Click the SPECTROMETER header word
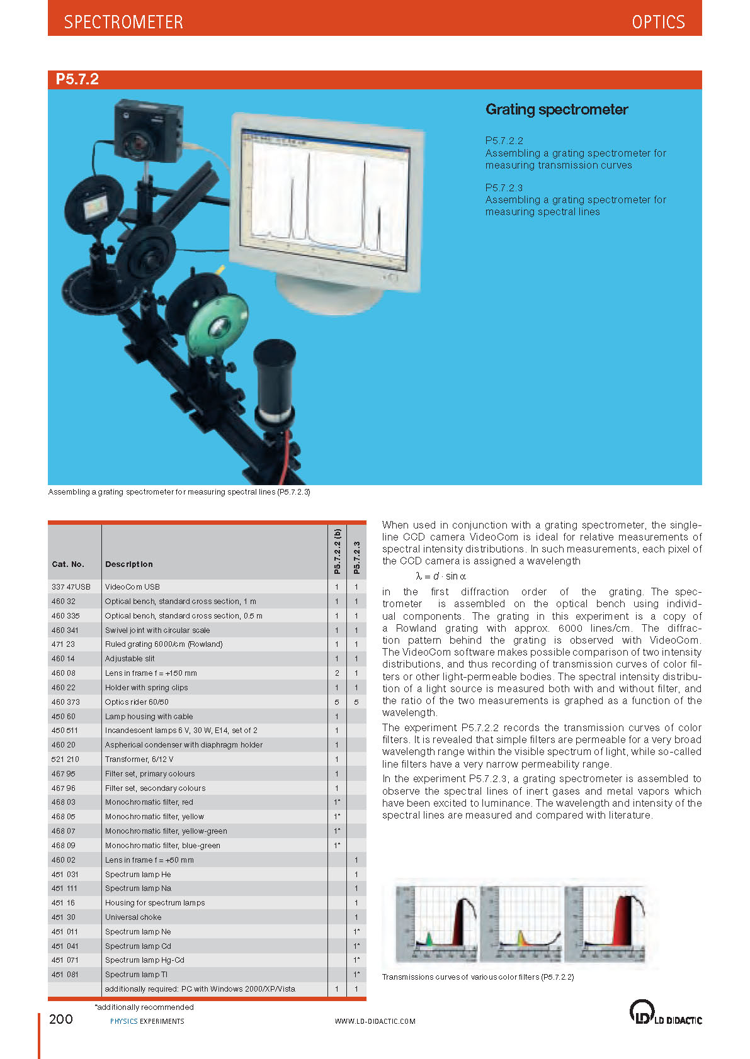(x=123, y=22)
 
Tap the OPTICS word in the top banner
(x=658, y=22)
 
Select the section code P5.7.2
(x=77, y=79)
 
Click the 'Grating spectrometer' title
(x=557, y=109)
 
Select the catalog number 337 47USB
(x=71, y=586)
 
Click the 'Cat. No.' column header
(x=68, y=564)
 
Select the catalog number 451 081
(x=65, y=974)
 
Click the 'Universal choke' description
(x=134, y=917)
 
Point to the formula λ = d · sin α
(x=441, y=576)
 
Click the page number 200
(x=61, y=1019)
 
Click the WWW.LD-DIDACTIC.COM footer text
(x=375, y=1021)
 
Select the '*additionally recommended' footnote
(x=144, y=1007)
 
